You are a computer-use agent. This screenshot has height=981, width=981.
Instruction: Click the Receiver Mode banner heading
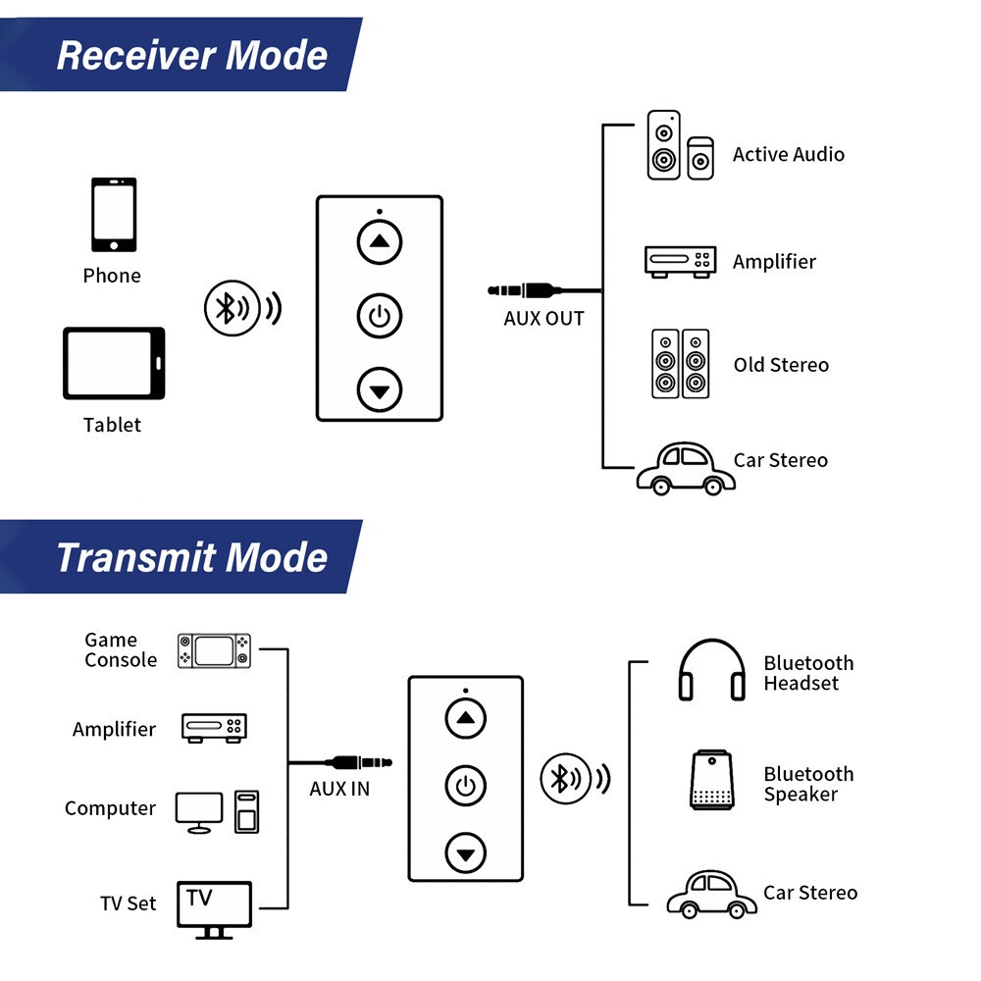192,55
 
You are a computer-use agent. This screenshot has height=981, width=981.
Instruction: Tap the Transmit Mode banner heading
191,557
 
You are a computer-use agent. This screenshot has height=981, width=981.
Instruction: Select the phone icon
114,216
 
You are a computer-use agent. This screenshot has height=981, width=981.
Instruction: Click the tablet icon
114,363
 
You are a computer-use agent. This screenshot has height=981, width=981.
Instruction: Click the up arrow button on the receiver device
380,241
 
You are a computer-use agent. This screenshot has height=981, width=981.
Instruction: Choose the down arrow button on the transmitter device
466,852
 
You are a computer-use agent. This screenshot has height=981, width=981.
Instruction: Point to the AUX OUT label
543,319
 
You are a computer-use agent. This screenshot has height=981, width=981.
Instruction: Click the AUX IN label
339,789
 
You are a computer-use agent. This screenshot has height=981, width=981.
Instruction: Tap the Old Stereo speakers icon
680,363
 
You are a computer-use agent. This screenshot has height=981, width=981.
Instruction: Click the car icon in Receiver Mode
686,469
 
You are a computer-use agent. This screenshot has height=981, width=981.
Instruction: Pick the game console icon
214,650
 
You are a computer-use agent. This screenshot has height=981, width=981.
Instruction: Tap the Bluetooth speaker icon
712,780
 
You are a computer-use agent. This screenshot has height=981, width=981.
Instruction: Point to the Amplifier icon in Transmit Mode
214,728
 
